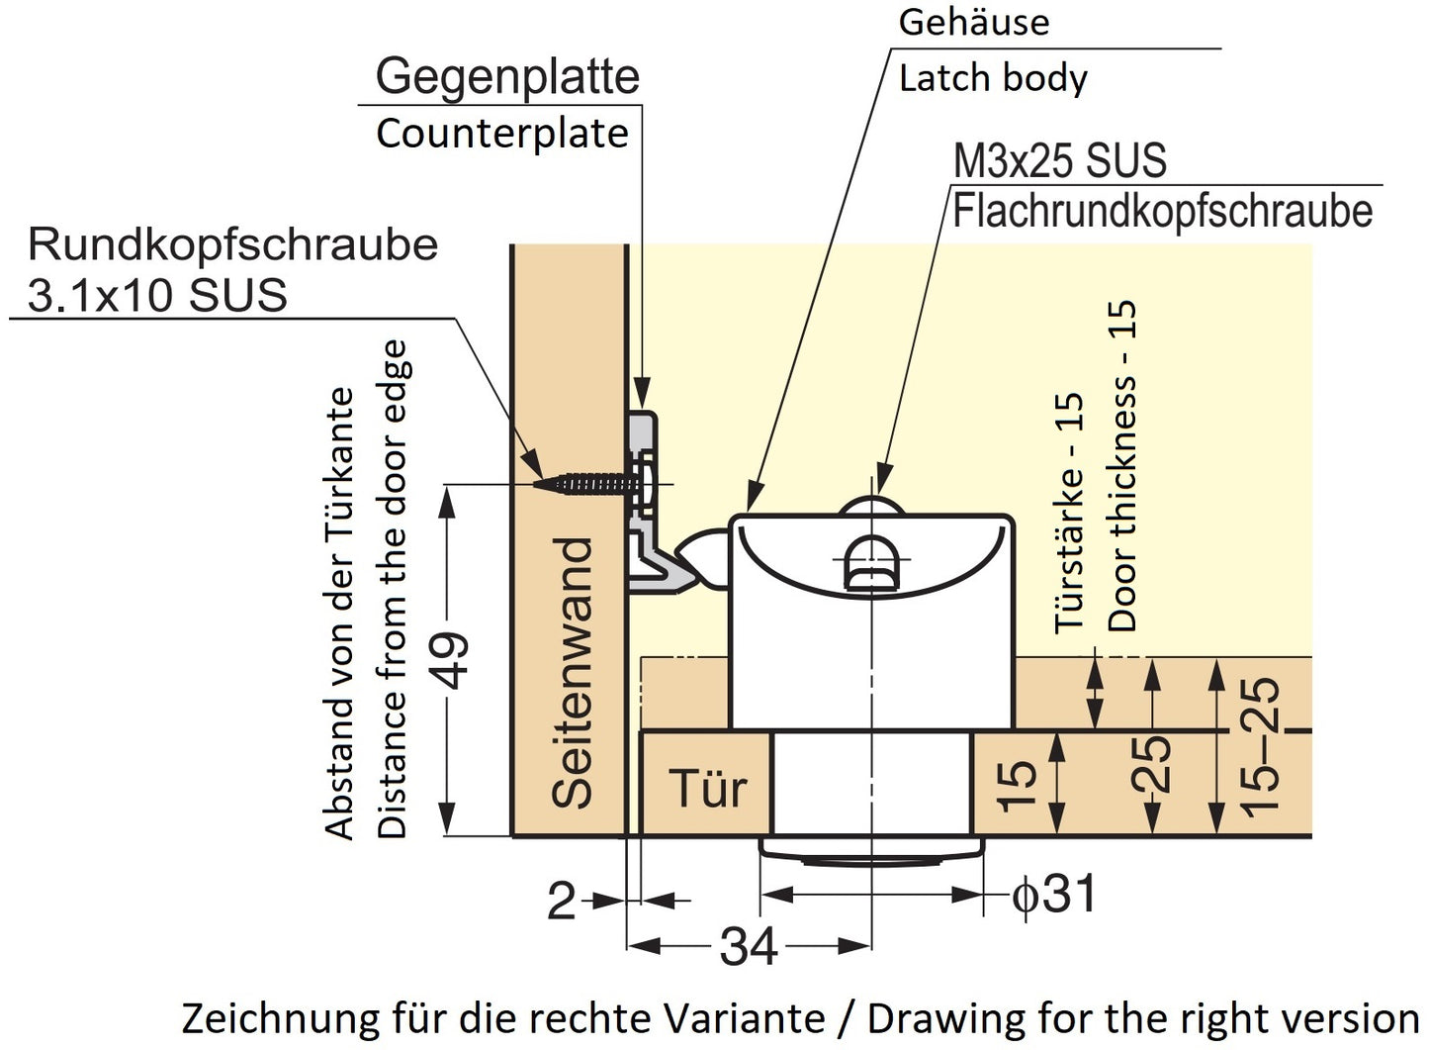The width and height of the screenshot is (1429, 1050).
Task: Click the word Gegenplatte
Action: pyautogui.click(x=507, y=76)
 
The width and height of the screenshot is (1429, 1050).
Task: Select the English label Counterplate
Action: pyautogui.click(x=502, y=134)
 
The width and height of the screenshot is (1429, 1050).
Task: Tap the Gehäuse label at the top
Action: pyautogui.click(x=973, y=22)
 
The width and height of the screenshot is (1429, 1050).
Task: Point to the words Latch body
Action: pyautogui.click(x=993, y=78)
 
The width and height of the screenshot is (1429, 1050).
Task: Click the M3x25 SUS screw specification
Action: pyautogui.click(x=1059, y=160)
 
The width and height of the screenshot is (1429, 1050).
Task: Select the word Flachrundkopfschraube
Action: pyautogui.click(x=1163, y=212)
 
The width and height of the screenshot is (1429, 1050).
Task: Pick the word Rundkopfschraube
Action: pyautogui.click(x=232, y=244)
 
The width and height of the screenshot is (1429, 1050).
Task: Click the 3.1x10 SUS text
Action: pyautogui.click(x=157, y=295)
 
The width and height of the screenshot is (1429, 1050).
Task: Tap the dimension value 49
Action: pyautogui.click(x=452, y=660)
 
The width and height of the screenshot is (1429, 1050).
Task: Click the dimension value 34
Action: pyautogui.click(x=749, y=947)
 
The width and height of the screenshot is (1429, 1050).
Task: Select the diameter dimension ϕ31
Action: pyautogui.click(x=1053, y=895)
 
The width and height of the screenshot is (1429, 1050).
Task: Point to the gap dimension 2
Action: pyautogui.click(x=562, y=902)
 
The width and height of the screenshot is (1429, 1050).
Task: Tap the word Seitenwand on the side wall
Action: pyautogui.click(x=573, y=673)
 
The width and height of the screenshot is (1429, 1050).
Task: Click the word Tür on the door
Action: pyautogui.click(x=708, y=788)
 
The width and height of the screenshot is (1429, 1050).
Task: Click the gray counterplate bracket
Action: pyautogui.click(x=646, y=505)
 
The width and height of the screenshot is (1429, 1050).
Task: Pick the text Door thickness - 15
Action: pyautogui.click(x=1122, y=466)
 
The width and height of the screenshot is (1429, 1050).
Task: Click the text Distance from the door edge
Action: pyautogui.click(x=393, y=589)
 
